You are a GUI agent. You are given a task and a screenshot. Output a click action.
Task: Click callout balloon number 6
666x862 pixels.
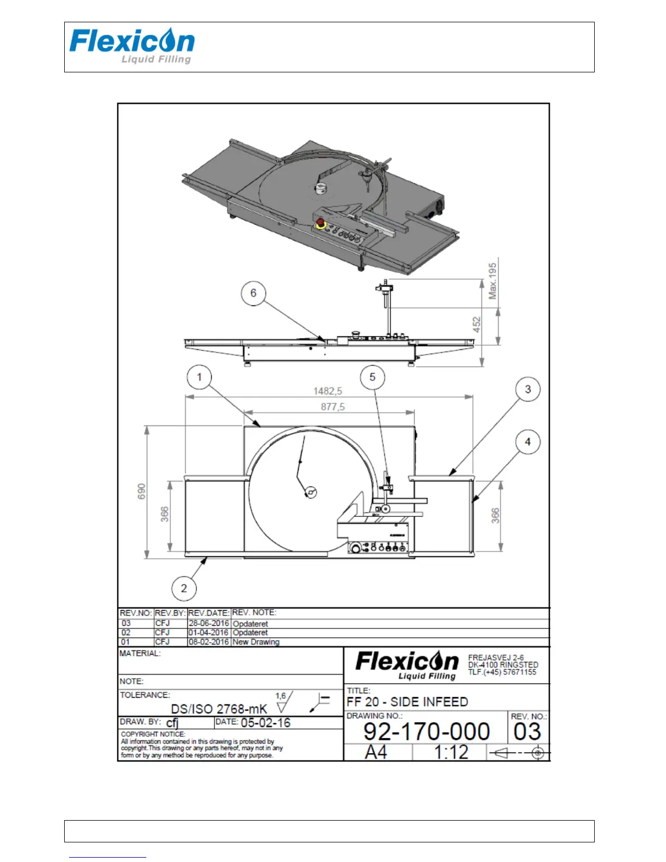tap(253, 293)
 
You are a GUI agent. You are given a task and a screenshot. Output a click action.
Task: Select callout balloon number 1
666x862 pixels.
tap(199, 377)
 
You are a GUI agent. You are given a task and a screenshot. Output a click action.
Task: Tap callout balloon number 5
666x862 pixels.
tap(373, 377)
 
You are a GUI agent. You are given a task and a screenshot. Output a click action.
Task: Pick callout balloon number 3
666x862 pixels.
tap(528, 389)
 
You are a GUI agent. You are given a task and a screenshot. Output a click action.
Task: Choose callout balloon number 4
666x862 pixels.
tap(528, 442)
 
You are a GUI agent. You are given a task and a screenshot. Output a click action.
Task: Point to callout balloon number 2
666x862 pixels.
tap(184, 588)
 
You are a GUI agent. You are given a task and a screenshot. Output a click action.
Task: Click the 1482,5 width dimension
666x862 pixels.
tap(328, 391)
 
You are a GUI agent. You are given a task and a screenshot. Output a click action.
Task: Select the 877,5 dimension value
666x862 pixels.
tap(333, 407)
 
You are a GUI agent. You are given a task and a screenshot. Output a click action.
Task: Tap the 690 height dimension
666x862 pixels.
tap(141, 491)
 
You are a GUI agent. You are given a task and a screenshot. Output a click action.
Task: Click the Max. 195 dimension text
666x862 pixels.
tap(492, 281)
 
